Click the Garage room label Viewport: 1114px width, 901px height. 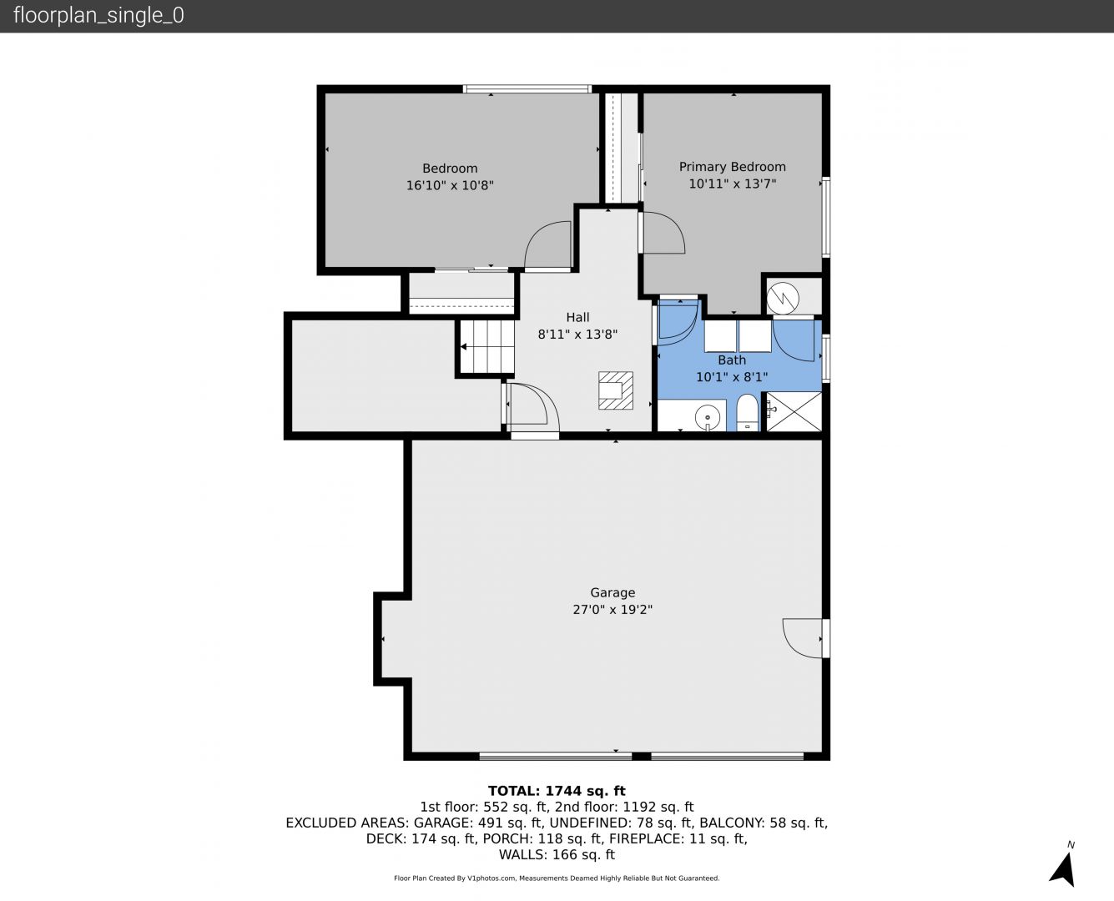pos(612,593)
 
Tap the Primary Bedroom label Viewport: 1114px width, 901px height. pos(732,167)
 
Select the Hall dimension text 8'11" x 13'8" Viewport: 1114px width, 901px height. pos(577,335)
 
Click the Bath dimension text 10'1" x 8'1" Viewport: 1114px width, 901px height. pos(732,377)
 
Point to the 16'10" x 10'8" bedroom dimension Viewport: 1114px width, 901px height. pos(450,186)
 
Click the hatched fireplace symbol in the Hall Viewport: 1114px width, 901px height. pos(616,390)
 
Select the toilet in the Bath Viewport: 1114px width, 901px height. pos(748,413)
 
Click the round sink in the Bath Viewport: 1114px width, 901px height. pos(707,417)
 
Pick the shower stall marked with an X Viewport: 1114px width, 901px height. pos(794,411)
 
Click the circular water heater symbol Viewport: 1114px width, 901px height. pos(783,298)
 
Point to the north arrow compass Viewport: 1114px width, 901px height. pos(1064,868)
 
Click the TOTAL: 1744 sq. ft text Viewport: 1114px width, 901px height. pos(557,791)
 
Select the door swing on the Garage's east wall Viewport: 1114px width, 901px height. pos(802,638)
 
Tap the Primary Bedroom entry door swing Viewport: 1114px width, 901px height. pos(663,233)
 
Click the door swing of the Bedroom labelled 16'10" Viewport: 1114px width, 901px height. pos(547,244)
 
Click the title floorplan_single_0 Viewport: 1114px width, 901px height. pos(98,16)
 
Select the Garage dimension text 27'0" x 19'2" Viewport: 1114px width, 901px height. pos(612,610)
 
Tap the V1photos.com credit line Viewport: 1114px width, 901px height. pos(557,878)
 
